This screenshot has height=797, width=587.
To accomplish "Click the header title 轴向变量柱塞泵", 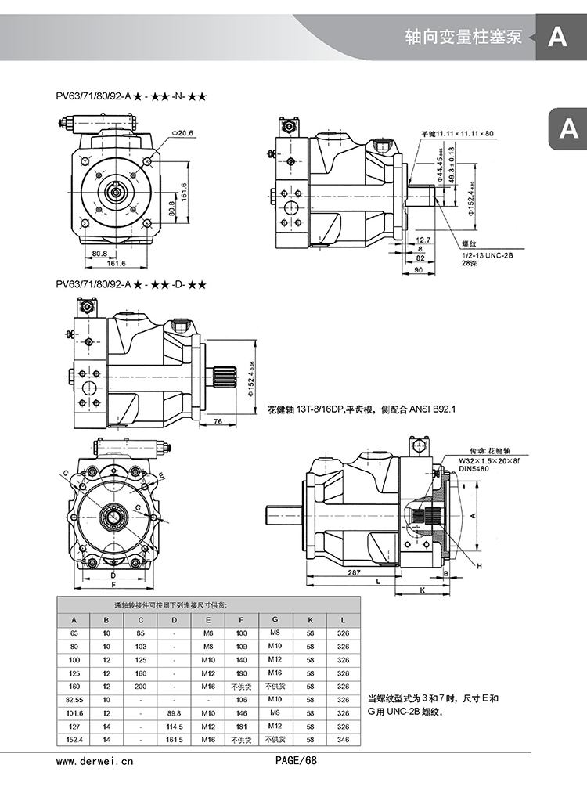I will [x=463, y=37].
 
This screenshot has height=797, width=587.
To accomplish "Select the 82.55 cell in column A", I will [x=74, y=699].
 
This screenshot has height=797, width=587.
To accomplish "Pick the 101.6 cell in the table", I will [x=74, y=712].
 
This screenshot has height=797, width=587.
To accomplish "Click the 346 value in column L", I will [x=344, y=740].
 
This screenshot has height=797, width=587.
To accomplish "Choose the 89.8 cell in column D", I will [x=174, y=712].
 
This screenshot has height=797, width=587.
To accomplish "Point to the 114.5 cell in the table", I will [x=174, y=726].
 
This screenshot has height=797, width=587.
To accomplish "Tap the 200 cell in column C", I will [x=141, y=686].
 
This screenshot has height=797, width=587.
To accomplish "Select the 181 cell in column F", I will [x=242, y=726].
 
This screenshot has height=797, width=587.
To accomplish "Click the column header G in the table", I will [x=275, y=619].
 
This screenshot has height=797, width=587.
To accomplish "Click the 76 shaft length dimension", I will [x=219, y=420].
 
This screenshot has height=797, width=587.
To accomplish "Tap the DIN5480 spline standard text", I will [x=474, y=470].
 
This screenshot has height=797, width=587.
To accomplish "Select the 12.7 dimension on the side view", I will [x=423, y=240].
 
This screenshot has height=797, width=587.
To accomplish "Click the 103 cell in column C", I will [x=141, y=646].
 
